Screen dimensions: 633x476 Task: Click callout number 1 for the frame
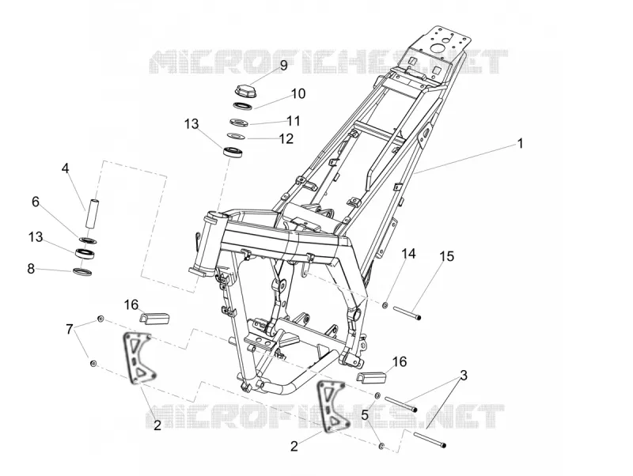pos(521,143)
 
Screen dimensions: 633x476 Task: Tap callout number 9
pos(283,66)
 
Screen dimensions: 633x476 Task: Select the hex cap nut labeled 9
pos(244,89)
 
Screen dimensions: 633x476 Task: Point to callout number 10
pos(298,93)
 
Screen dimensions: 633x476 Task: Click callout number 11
pos(294,121)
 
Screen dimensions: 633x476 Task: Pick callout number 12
pos(286,138)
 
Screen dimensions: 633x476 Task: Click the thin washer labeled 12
pos(236,136)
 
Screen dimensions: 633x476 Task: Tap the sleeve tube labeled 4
pos(91,213)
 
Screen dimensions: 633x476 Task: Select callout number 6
pos(36,202)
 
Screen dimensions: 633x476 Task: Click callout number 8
pos(31,269)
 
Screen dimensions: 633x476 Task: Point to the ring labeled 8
pos(82,271)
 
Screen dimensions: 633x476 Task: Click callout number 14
pos(408,254)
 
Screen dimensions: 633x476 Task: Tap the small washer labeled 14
pos(385,305)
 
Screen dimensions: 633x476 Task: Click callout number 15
pos(447,256)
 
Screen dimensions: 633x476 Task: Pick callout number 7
pos(70,329)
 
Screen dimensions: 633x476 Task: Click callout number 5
pos(365,415)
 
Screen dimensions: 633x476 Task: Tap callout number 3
pos(464,375)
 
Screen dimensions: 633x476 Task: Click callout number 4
pos(66,168)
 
